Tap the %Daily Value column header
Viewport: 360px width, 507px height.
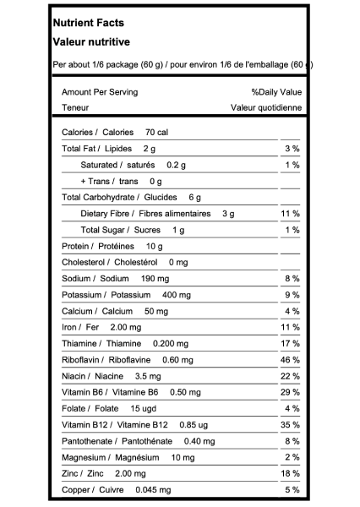(x=276, y=92)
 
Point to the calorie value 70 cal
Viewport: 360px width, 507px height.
(x=157, y=133)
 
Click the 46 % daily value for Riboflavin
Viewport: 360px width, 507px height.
(x=290, y=360)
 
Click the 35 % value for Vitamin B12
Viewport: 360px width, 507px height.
(x=290, y=425)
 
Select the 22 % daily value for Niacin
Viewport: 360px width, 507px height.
(x=290, y=376)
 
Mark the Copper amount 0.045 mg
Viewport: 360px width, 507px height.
(x=153, y=490)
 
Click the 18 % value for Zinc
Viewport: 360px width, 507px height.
(x=290, y=474)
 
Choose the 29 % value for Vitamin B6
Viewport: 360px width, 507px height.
(x=290, y=393)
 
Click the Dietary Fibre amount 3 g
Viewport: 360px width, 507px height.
(x=228, y=214)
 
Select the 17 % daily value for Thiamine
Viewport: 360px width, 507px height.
(x=290, y=344)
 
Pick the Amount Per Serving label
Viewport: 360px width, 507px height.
(x=100, y=92)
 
